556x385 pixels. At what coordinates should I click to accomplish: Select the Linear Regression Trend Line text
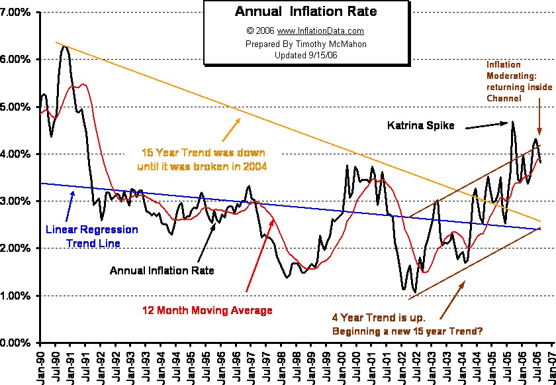(x=92, y=236)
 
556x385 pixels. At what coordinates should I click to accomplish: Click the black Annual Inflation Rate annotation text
(x=160, y=270)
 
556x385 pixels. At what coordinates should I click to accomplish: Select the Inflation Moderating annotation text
(x=514, y=82)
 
